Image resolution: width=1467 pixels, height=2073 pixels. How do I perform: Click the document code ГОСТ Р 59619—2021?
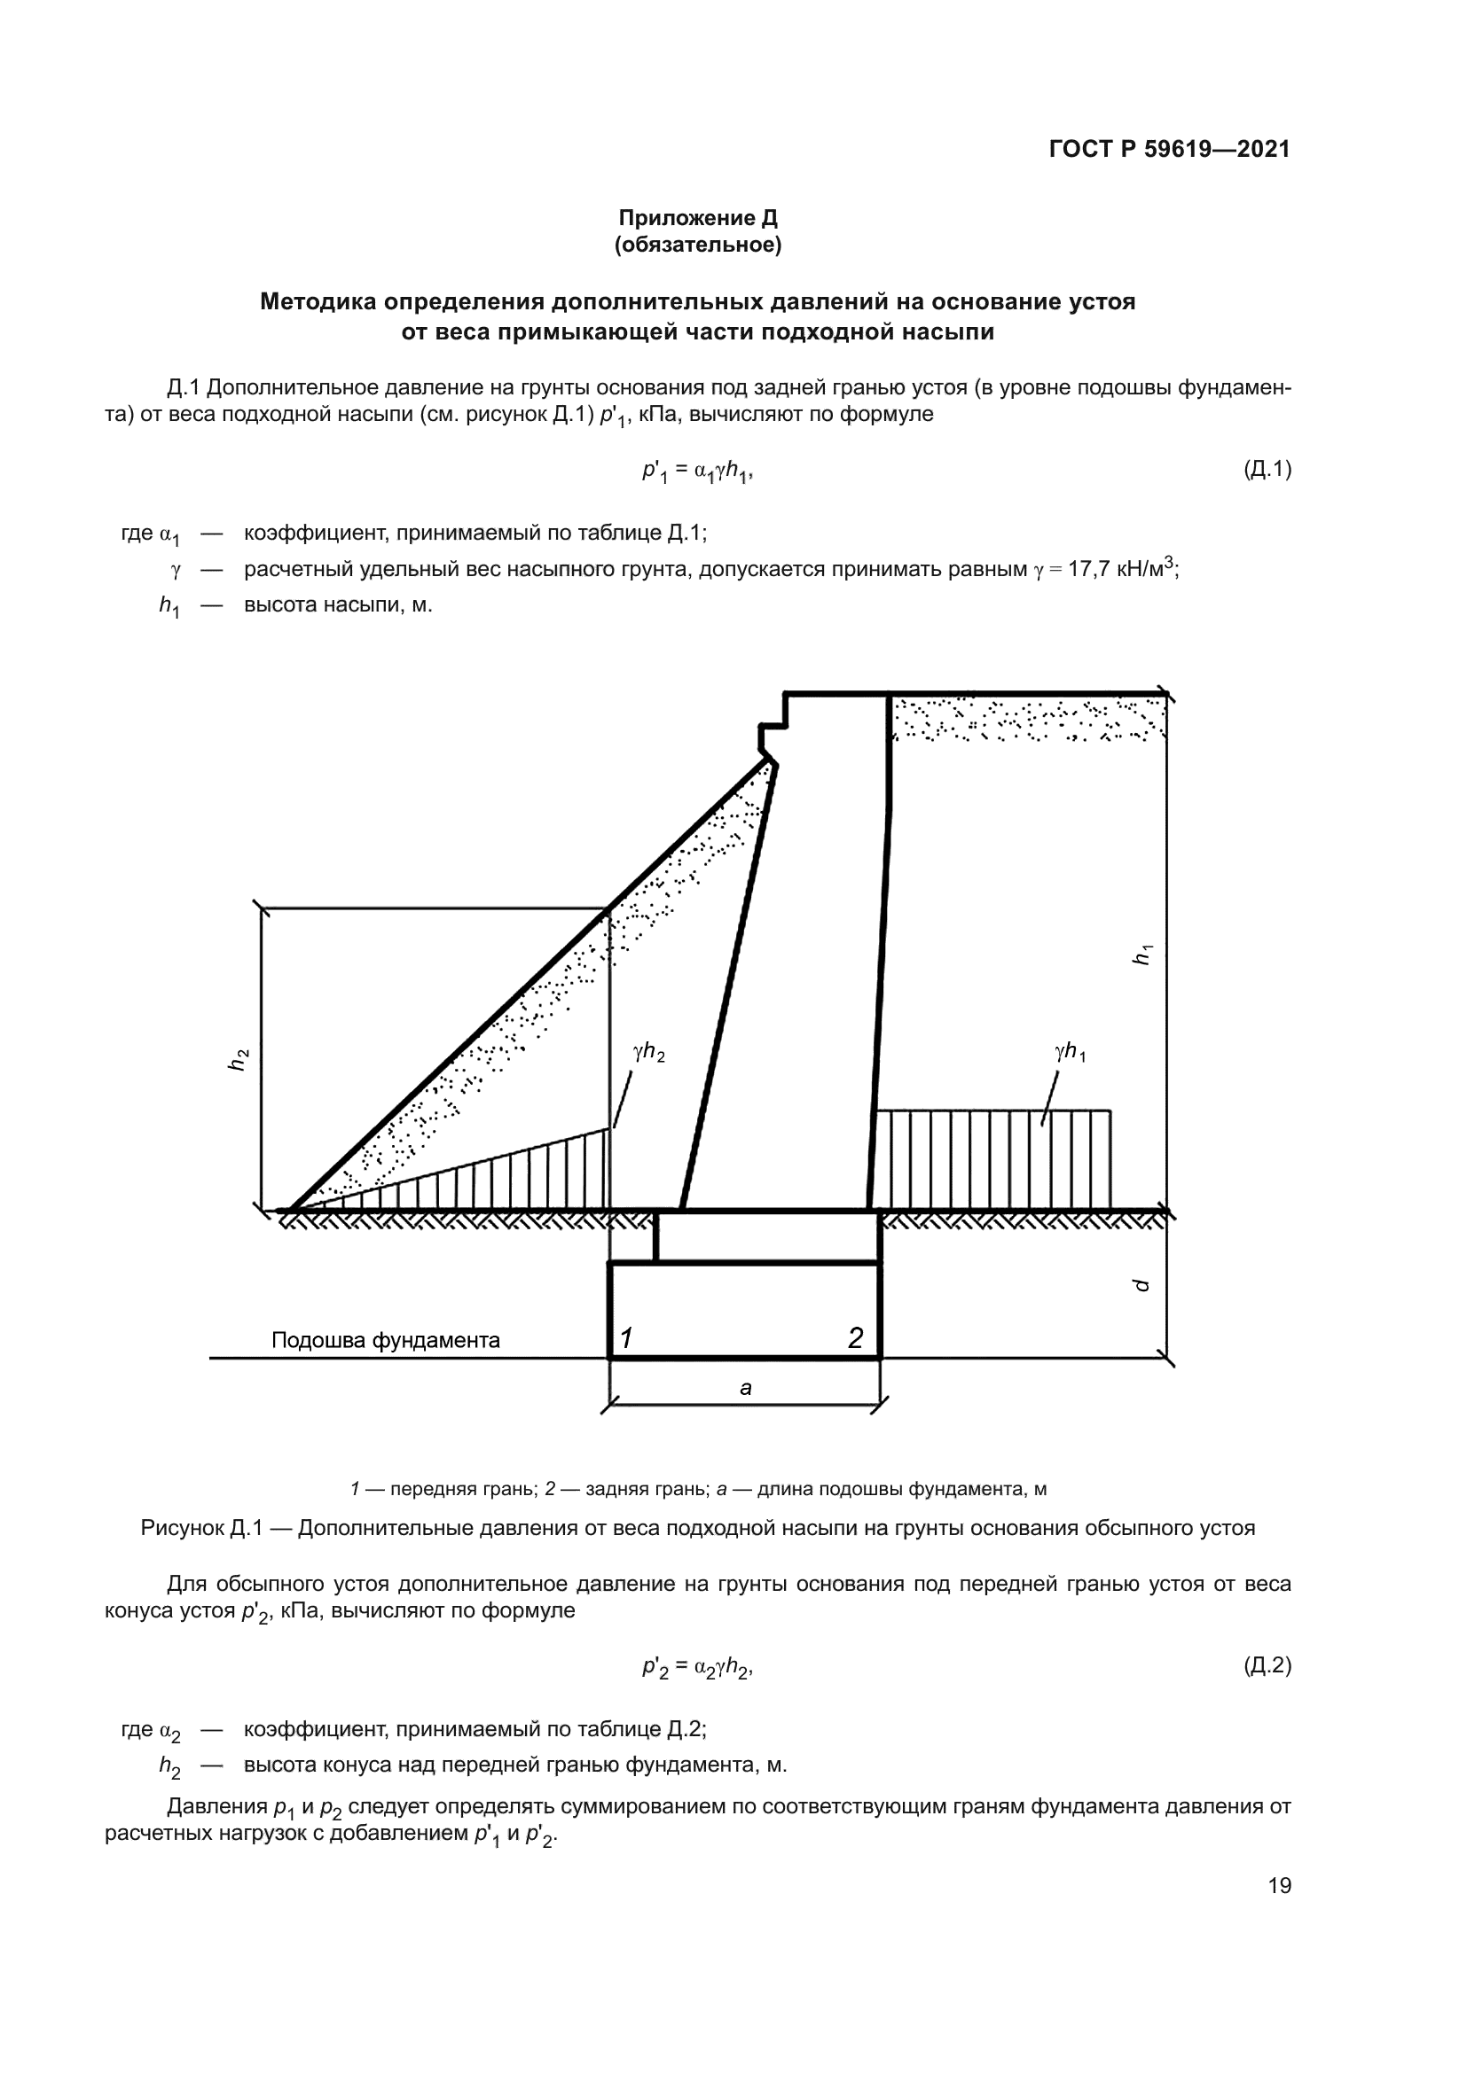click(x=1169, y=149)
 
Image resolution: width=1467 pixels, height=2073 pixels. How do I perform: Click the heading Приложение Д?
click(x=697, y=218)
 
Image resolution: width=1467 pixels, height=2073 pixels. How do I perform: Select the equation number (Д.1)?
click(x=1267, y=469)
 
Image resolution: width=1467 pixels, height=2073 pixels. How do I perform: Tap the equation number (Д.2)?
click(x=1267, y=1666)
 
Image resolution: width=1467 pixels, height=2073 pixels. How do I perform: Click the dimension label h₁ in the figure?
click(x=1142, y=954)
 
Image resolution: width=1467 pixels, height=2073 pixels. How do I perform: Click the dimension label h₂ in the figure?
click(x=238, y=1059)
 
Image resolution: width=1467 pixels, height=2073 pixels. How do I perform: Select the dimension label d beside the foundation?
click(x=1141, y=1285)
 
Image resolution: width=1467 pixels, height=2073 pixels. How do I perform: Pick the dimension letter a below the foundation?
click(x=745, y=1388)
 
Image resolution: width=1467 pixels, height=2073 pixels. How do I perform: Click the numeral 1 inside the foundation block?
click(x=626, y=1337)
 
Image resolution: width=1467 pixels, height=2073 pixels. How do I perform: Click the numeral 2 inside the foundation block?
click(x=854, y=1337)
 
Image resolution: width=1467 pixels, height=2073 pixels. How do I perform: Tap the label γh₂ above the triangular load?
click(x=648, y=1052)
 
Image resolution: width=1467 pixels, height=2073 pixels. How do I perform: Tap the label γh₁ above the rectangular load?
click(x=1070, y=1052)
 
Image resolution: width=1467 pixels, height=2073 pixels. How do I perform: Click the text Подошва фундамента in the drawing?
click(x=386, y=1340)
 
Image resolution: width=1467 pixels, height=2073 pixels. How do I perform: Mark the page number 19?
click(x=1279, y=1885)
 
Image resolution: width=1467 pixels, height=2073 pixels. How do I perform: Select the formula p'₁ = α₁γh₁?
click(x=696, y=471)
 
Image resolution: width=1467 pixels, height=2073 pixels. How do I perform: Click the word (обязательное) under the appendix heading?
click(x=697, y=245)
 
